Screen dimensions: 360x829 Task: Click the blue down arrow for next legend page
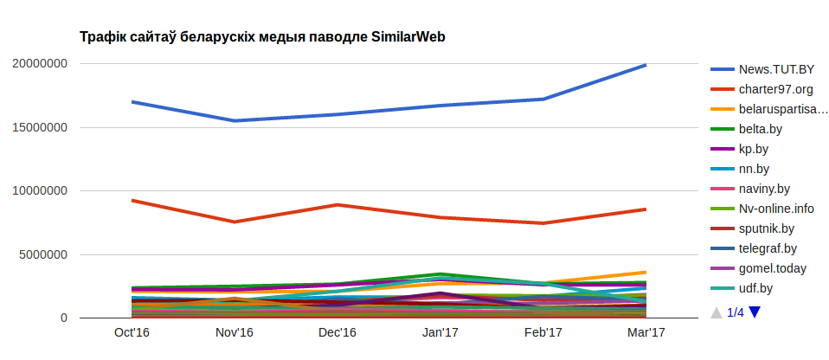(x=755, y=312)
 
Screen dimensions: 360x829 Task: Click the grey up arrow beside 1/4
(x=716, y=312)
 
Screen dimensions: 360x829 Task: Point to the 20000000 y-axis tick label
(x=40, y=63)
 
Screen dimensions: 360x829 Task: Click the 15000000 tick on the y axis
(x=40, y=127)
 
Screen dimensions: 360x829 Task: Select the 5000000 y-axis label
(x=43, y=255)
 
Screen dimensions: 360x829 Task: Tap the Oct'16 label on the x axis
(x=132, y=332)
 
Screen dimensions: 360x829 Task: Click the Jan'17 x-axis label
(x=440, y=332)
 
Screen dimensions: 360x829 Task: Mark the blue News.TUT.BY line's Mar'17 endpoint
(x=646, y=65)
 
